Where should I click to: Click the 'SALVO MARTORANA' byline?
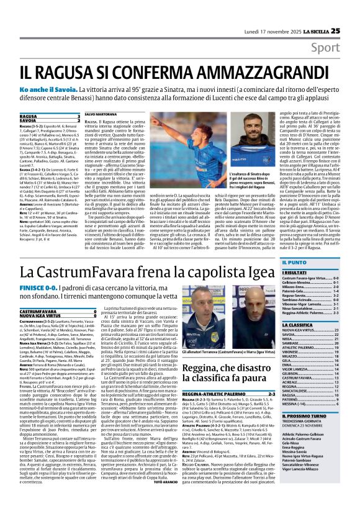pyautogui.click(x=101, y=115)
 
